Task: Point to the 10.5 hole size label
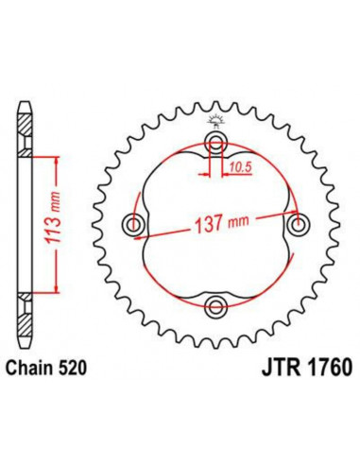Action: coord(239,167)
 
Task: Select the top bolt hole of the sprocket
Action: coord(216,145)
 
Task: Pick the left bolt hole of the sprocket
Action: coord(136,224)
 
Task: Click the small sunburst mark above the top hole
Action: coord(216,118)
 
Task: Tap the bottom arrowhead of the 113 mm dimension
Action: coord(58,292)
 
